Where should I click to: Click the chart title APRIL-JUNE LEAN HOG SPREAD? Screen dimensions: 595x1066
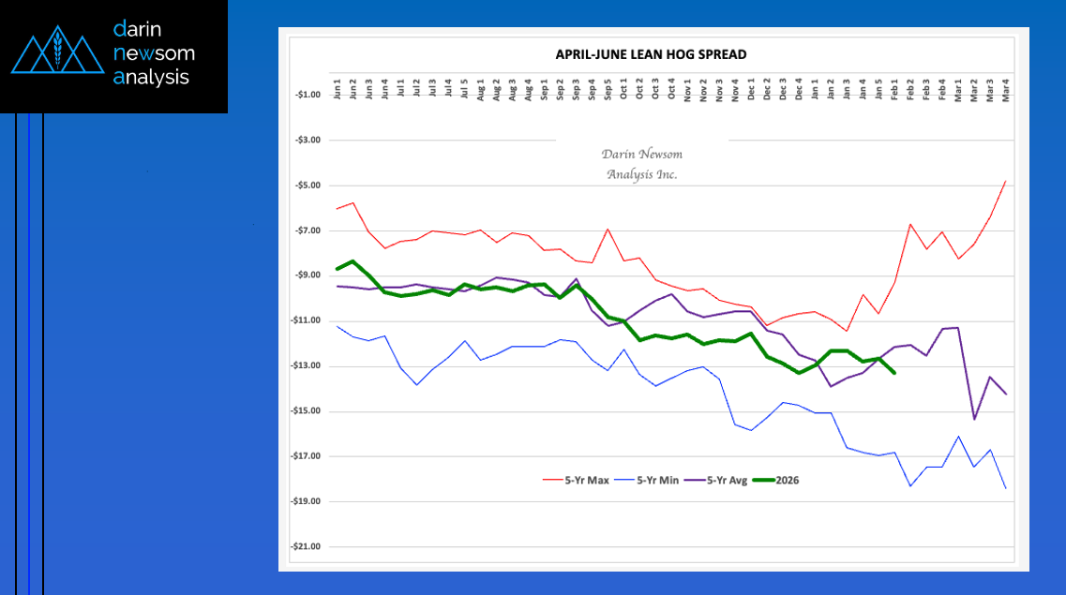click(652, 54)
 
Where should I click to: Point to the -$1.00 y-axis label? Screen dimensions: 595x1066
click(308, 95)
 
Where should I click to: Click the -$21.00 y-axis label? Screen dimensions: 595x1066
click(307, 547)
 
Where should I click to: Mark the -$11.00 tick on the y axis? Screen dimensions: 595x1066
click(307, 321)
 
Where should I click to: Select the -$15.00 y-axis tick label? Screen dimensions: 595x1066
click(307, 411)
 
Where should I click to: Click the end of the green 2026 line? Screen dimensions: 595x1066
click(894, 373)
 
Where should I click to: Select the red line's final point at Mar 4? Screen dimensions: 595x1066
click(1006, 181)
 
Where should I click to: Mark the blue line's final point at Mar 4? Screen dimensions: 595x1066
click(1006, 488)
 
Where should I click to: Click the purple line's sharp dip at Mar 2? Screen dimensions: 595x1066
click(974, 419)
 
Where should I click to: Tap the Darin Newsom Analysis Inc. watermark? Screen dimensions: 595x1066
click(641, 165)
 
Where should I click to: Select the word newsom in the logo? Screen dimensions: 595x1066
click(154, 53)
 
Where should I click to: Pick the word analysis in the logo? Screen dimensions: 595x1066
click(151, 78)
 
